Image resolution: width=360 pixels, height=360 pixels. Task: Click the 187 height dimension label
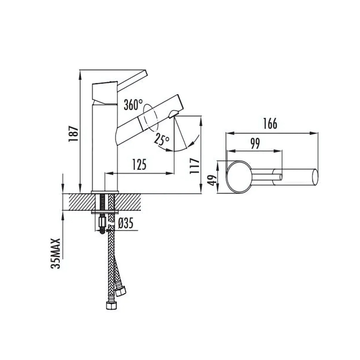73,134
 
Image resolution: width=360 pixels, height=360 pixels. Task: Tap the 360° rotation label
133,105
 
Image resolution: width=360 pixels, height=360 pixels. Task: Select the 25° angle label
162,139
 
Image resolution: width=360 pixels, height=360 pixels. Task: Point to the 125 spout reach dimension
139,165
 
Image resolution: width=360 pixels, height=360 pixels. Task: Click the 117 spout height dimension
195,166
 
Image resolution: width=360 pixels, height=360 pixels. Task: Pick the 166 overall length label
270,124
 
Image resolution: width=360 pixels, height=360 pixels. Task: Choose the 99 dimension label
255,144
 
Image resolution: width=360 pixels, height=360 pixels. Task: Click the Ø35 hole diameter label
126,223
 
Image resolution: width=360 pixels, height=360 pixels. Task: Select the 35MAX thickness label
55,253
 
